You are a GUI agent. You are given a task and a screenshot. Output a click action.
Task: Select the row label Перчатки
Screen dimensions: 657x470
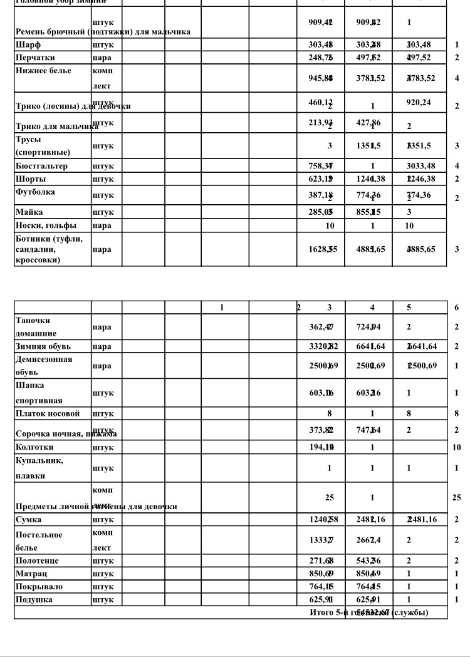[x=37, y=58]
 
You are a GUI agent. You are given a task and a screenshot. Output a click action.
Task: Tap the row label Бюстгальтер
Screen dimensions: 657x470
[x=42, y=166]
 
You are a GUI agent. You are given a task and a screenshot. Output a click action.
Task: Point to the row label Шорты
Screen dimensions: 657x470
[x=31, y=178]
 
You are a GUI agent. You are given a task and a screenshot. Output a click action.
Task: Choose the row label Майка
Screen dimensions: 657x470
[x=29, y=212]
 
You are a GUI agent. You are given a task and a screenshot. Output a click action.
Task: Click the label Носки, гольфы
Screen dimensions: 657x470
[x=46, y=225]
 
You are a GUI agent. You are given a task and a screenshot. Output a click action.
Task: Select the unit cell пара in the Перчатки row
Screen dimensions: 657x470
[x=102, y=58]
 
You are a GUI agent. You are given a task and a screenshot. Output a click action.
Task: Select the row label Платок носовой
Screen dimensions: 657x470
[x=48, y=413]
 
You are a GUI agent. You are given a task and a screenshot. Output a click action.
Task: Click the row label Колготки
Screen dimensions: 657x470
[x=34, y=447]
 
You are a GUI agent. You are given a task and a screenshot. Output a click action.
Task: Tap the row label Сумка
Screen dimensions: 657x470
[x=29, y=519]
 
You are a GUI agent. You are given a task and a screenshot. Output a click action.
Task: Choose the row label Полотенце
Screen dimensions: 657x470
[x=37, y=561]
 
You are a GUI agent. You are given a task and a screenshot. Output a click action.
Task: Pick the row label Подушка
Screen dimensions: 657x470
[x=34, y=599]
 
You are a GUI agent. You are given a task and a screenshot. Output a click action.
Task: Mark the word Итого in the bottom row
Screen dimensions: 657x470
[x=323, y=612]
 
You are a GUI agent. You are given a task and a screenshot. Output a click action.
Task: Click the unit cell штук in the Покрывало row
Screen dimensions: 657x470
[x=103, y=587]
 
